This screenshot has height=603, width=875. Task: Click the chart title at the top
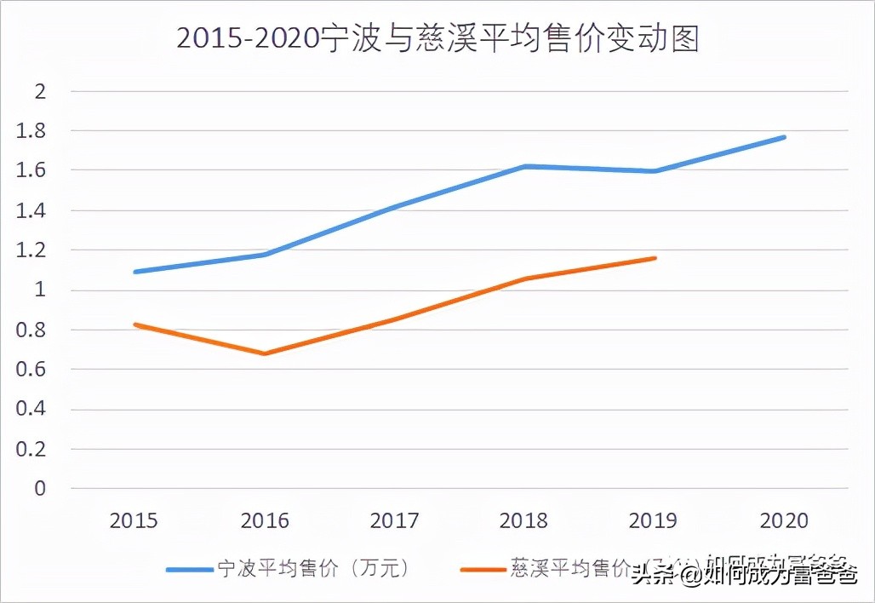coord(437,39)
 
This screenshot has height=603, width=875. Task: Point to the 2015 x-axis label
coord(134,520)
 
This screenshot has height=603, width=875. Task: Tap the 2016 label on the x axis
coord(265,520)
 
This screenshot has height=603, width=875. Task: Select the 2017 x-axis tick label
coord(395,520)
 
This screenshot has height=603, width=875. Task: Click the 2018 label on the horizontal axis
coord(525,520)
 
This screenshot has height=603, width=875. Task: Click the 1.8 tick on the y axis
coord(32,131)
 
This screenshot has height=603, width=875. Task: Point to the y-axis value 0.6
coord(32,370)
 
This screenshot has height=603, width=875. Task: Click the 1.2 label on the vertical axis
coord(32,250)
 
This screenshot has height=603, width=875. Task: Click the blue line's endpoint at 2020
coord(785,137)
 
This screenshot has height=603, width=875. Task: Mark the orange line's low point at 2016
coord(265,353)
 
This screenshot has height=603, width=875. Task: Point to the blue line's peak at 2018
coord(525,166)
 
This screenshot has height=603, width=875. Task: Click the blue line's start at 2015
coord(134,272)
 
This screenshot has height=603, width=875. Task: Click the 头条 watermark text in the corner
coord(650,577)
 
